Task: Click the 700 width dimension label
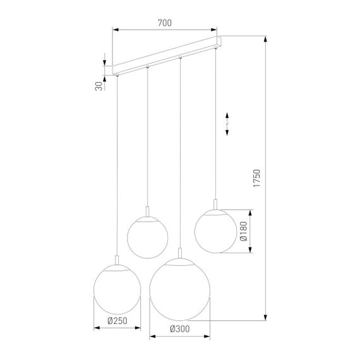pyautogui.click(x=164, y=23)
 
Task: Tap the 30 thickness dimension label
pyautogui.click(x=99, y=85)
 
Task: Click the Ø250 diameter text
pyautogui.click(x=117, y=321)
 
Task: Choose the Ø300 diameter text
pyautogui.click(x=180, y=328)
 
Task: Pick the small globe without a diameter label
pyautogui.click(x=147, y=236)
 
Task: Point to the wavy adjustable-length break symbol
pyautogui.click(x=229, y=124)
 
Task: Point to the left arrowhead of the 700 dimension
pyautogui.click(x=116, y=28)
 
